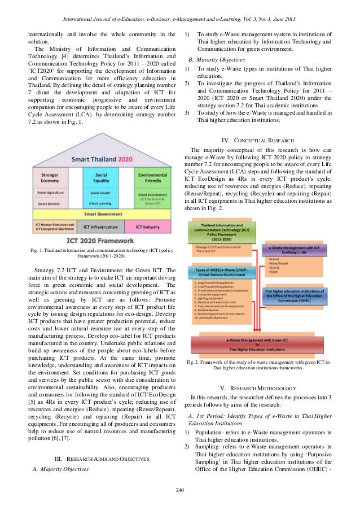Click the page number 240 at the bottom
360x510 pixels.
pos(179,489)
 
